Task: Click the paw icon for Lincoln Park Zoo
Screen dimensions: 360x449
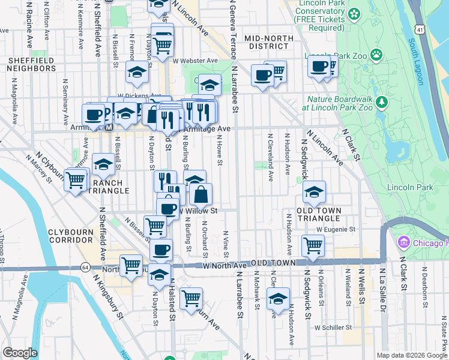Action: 376,55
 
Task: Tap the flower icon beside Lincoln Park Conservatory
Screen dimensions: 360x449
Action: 354,13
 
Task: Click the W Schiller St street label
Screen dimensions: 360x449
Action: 333,328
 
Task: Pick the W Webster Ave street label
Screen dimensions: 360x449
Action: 195,61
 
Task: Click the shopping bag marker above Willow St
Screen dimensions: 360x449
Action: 200,194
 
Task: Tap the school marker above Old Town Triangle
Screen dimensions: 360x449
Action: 314,192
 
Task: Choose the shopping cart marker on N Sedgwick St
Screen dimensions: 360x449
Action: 313,245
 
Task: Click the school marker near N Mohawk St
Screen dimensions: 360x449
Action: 278,298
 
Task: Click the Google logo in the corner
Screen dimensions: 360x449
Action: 20,353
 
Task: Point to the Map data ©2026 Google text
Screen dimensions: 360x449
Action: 411,355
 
